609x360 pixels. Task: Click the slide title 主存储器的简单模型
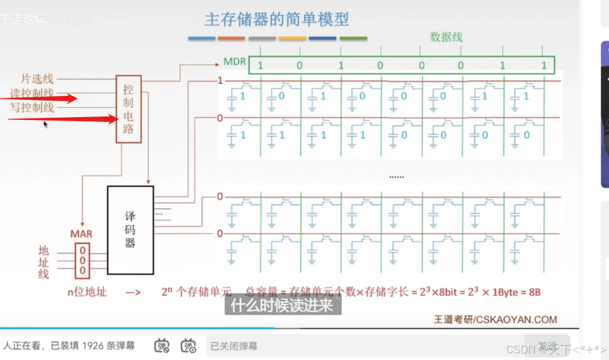276,19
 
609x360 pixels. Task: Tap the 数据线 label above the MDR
446,37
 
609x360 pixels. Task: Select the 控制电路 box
128,109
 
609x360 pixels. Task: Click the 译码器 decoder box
130,230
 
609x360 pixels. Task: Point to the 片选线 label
37,79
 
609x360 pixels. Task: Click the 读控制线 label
32,93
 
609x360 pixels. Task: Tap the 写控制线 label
32,107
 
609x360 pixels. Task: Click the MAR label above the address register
82,234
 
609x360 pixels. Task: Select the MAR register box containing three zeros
82,259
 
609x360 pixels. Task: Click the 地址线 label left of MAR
43,262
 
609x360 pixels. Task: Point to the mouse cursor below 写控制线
45,124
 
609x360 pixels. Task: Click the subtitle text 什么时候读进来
282,305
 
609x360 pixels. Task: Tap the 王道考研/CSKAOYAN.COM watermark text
495,320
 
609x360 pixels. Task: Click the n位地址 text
86,291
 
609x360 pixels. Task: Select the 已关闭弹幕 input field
353,346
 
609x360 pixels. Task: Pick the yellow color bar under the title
292,39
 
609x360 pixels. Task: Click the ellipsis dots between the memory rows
397,176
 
